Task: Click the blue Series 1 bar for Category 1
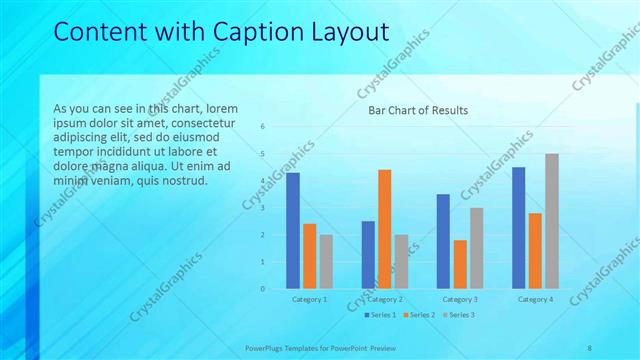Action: [293, 231]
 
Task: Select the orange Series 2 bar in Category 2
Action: [385, 229]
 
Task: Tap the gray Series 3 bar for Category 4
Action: [551, 221]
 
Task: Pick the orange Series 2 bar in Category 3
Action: [460, 264]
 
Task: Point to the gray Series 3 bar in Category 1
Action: [326, 262]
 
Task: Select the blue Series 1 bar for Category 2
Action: [368, 255]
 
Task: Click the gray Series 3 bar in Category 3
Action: [476, 248]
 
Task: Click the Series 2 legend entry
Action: [418, 315]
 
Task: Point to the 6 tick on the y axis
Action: [262, 127]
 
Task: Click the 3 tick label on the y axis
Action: [262, 208]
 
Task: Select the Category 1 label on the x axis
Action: [309, 299]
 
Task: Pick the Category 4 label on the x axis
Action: [535, 299]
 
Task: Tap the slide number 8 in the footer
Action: [589, 347]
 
